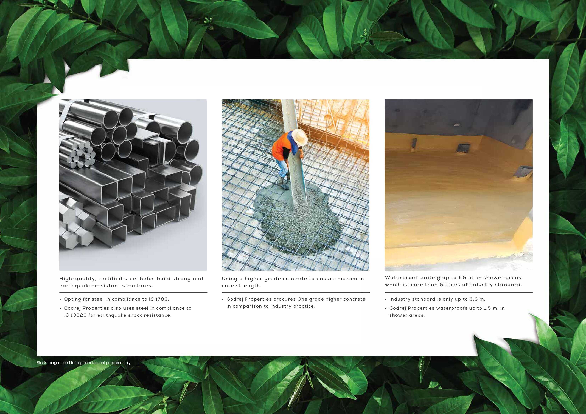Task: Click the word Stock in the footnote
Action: pyautogui.click(x=41, y=362)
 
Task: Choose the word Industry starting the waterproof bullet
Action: pyautogui.click(x=400, y=299)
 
